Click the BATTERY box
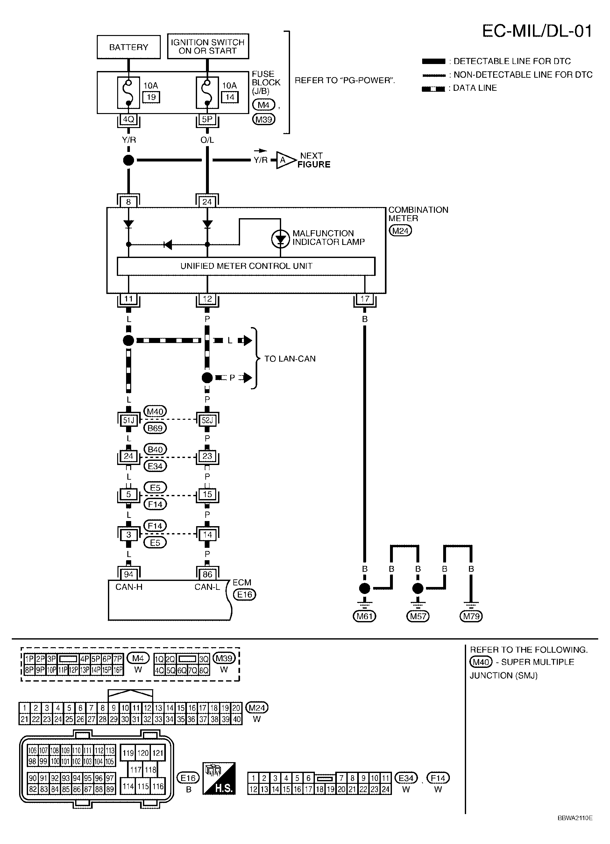point(128,47)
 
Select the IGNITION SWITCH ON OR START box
point(208,46)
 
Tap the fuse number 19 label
point(151,97)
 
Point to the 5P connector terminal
point(207,119)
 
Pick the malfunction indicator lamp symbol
point(280,239)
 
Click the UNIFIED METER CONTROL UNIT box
point(246,266)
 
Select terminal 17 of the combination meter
point(365,298)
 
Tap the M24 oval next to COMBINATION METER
point(400,231)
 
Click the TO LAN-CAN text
point(290,359)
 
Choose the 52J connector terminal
point(207,420)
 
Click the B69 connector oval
point(155,428)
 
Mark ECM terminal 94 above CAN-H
point(128,574)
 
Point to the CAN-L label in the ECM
point(207,587)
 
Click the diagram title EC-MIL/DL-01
point(536,31)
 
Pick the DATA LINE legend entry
point(474,88)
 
